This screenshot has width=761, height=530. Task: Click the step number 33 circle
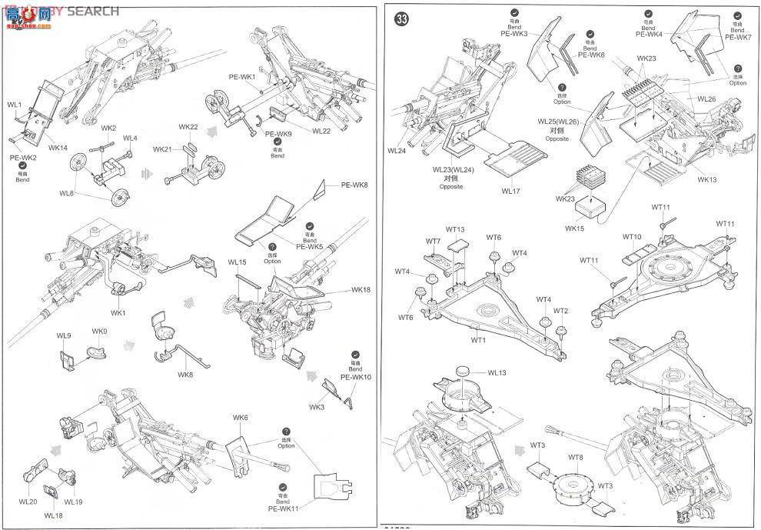pos(400,20)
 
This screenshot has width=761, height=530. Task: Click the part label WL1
pos(15,104)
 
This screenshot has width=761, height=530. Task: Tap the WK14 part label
pos(58,147)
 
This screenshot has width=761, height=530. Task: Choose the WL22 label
pos(321,131)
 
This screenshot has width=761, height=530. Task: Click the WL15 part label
pos(237,262)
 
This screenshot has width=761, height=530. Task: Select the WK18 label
pos(361,290)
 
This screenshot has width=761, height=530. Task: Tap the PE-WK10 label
pos(356,378)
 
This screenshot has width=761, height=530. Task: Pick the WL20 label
pos(28,502)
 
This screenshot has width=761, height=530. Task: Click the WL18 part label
pos(53,515)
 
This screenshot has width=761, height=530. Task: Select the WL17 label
pos(512,191)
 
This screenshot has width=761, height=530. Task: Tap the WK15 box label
pos(575,228)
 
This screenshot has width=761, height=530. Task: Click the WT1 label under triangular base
pos(479,339)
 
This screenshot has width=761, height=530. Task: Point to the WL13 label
pos(497,373)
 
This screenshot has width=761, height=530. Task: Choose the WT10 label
pos(632,237)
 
